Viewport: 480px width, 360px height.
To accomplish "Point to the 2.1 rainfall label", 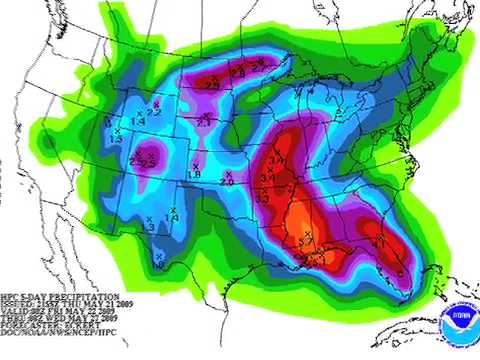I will (203, 125).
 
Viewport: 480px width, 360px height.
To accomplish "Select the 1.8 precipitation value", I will (195, 174).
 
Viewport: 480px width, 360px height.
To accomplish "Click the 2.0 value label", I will (226, 182).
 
